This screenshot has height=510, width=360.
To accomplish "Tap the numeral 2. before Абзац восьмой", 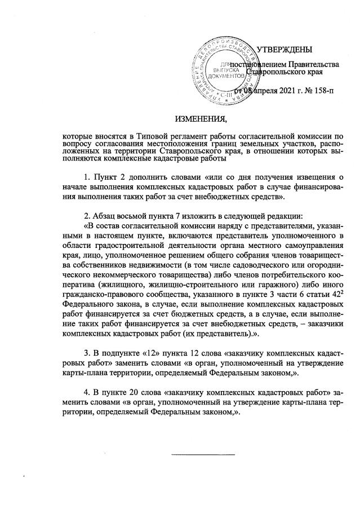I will pos(87,216).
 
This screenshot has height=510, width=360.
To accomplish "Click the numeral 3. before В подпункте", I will pos(87,353).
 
